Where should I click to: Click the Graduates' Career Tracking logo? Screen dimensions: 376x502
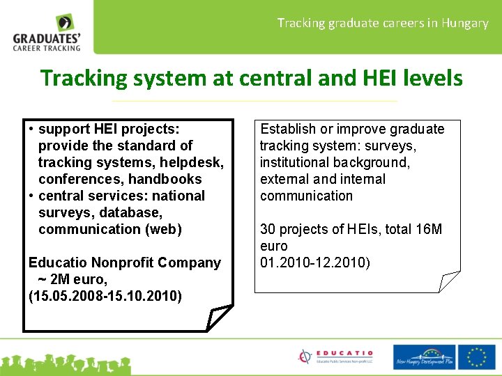[47, 33]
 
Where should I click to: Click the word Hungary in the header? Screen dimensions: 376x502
[465, 23]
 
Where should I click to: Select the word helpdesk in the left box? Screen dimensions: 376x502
[190, 162]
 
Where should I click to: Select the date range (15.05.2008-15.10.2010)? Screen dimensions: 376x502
[105, 296]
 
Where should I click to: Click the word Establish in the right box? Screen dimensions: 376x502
[288, 129]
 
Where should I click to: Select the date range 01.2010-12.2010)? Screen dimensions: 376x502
[315, 263]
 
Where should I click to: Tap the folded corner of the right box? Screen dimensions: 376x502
[448, 281]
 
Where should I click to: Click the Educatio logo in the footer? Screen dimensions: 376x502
[335, 357]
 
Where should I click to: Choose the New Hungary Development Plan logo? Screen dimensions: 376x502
[425, 357]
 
